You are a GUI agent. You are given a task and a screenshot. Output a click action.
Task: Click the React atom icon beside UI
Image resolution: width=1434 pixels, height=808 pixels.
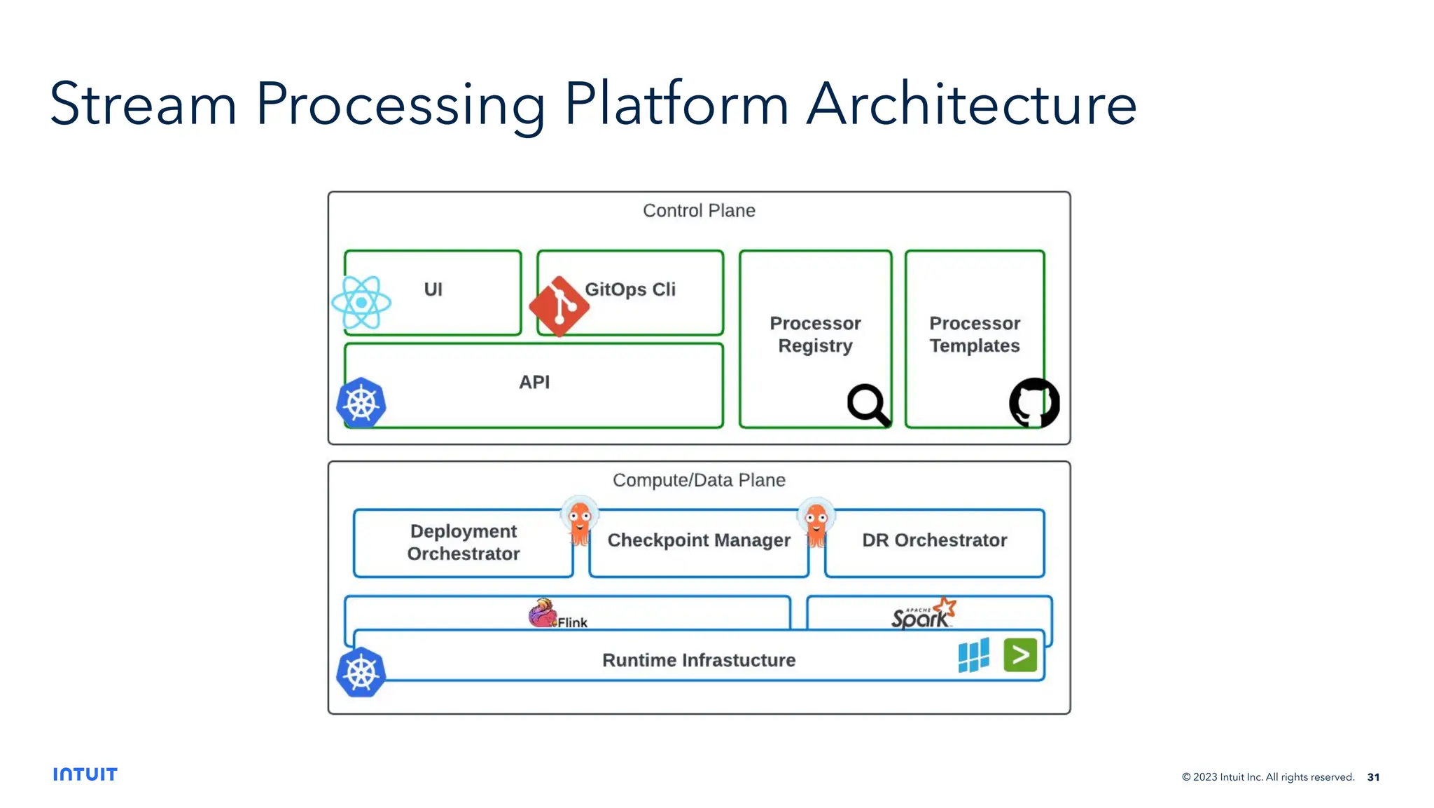tap(361, 303)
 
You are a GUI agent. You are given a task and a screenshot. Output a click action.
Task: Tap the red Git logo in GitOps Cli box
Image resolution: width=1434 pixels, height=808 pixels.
tap(559, 306)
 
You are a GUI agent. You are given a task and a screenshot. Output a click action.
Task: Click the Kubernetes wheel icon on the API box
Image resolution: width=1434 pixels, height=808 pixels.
tap(361, 404)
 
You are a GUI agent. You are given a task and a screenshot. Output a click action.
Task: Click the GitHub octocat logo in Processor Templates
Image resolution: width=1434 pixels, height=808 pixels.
tap(1034, 403)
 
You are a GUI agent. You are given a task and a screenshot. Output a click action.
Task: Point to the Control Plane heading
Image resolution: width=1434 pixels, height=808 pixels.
tap(699, 211)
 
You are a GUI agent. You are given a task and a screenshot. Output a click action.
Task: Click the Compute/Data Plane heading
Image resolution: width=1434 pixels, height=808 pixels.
tap(699, 481)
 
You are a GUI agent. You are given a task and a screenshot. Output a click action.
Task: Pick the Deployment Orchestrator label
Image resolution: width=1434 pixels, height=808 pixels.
tap(464, 542)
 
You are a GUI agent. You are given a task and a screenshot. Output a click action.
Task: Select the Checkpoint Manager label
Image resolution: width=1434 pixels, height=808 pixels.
tap(699, 540)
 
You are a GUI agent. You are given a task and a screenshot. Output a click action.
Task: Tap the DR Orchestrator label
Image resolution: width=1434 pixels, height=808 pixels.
tap(934, 540)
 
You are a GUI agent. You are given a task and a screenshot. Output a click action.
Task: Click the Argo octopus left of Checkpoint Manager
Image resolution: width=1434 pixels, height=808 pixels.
tap(580, 522)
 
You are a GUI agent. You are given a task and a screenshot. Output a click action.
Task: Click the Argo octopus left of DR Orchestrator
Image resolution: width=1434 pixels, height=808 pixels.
tap(816, 523)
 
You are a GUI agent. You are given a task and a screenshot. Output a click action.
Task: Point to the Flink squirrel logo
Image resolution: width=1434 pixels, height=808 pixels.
tap(543, 613)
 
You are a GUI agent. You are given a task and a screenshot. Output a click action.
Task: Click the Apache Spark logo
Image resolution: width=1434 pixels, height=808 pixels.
tap(923, 614)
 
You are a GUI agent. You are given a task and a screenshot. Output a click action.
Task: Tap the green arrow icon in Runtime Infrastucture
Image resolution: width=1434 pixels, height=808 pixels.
tap(1020, 655)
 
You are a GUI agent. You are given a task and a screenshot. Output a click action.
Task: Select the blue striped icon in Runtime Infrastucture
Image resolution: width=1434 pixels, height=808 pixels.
tap(974, 655)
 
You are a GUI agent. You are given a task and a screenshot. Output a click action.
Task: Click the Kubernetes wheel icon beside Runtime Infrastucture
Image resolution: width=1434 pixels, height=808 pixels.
tap(361, 673)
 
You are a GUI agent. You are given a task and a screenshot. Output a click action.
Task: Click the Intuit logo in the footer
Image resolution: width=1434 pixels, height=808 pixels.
tap(85, 774)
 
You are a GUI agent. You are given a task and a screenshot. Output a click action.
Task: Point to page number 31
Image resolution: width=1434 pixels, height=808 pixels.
tap(1373, 777)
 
